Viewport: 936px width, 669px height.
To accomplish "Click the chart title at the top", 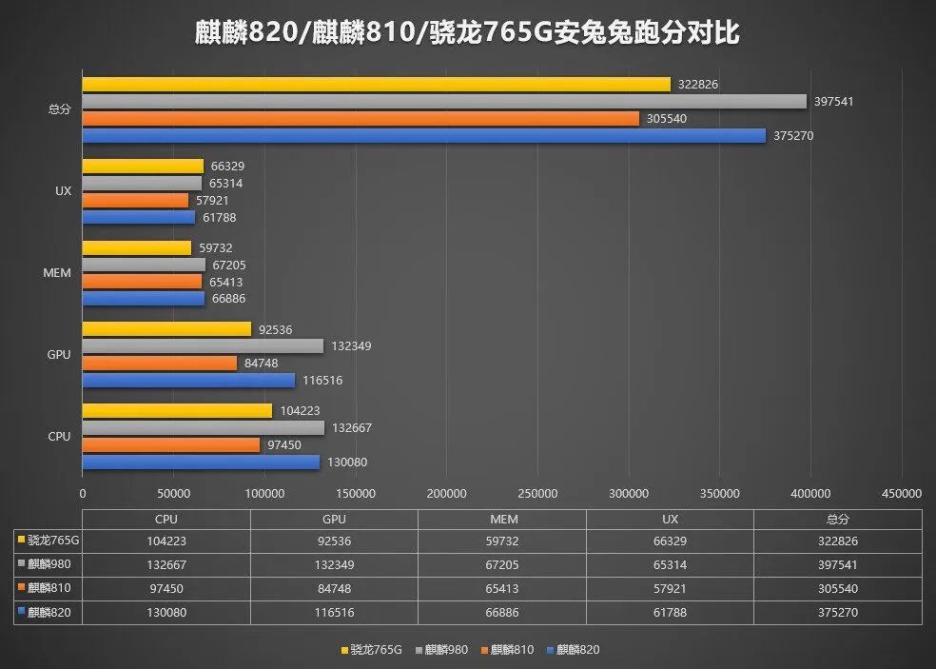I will click(468, 33).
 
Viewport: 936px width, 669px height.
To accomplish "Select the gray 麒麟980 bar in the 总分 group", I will click(443, 101).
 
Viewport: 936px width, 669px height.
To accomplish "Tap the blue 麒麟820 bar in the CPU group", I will click(201, 462).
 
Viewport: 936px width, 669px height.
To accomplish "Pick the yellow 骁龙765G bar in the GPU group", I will click(166, 329).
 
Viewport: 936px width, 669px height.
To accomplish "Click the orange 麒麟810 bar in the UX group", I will click(135, 201).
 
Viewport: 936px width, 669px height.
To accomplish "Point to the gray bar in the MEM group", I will click(144, 265).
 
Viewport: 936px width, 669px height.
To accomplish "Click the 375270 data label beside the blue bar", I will click(793, 136).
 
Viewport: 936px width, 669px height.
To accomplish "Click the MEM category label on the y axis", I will click(57, 273).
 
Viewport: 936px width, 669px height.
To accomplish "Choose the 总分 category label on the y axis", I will click(59, 109).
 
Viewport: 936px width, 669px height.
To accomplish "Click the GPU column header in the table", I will click(334, 520).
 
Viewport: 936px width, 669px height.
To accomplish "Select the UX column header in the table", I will click(670, 520).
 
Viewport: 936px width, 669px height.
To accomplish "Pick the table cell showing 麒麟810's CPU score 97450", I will click(166, 589).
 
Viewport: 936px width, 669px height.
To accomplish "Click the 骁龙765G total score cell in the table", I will click(837, 541).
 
